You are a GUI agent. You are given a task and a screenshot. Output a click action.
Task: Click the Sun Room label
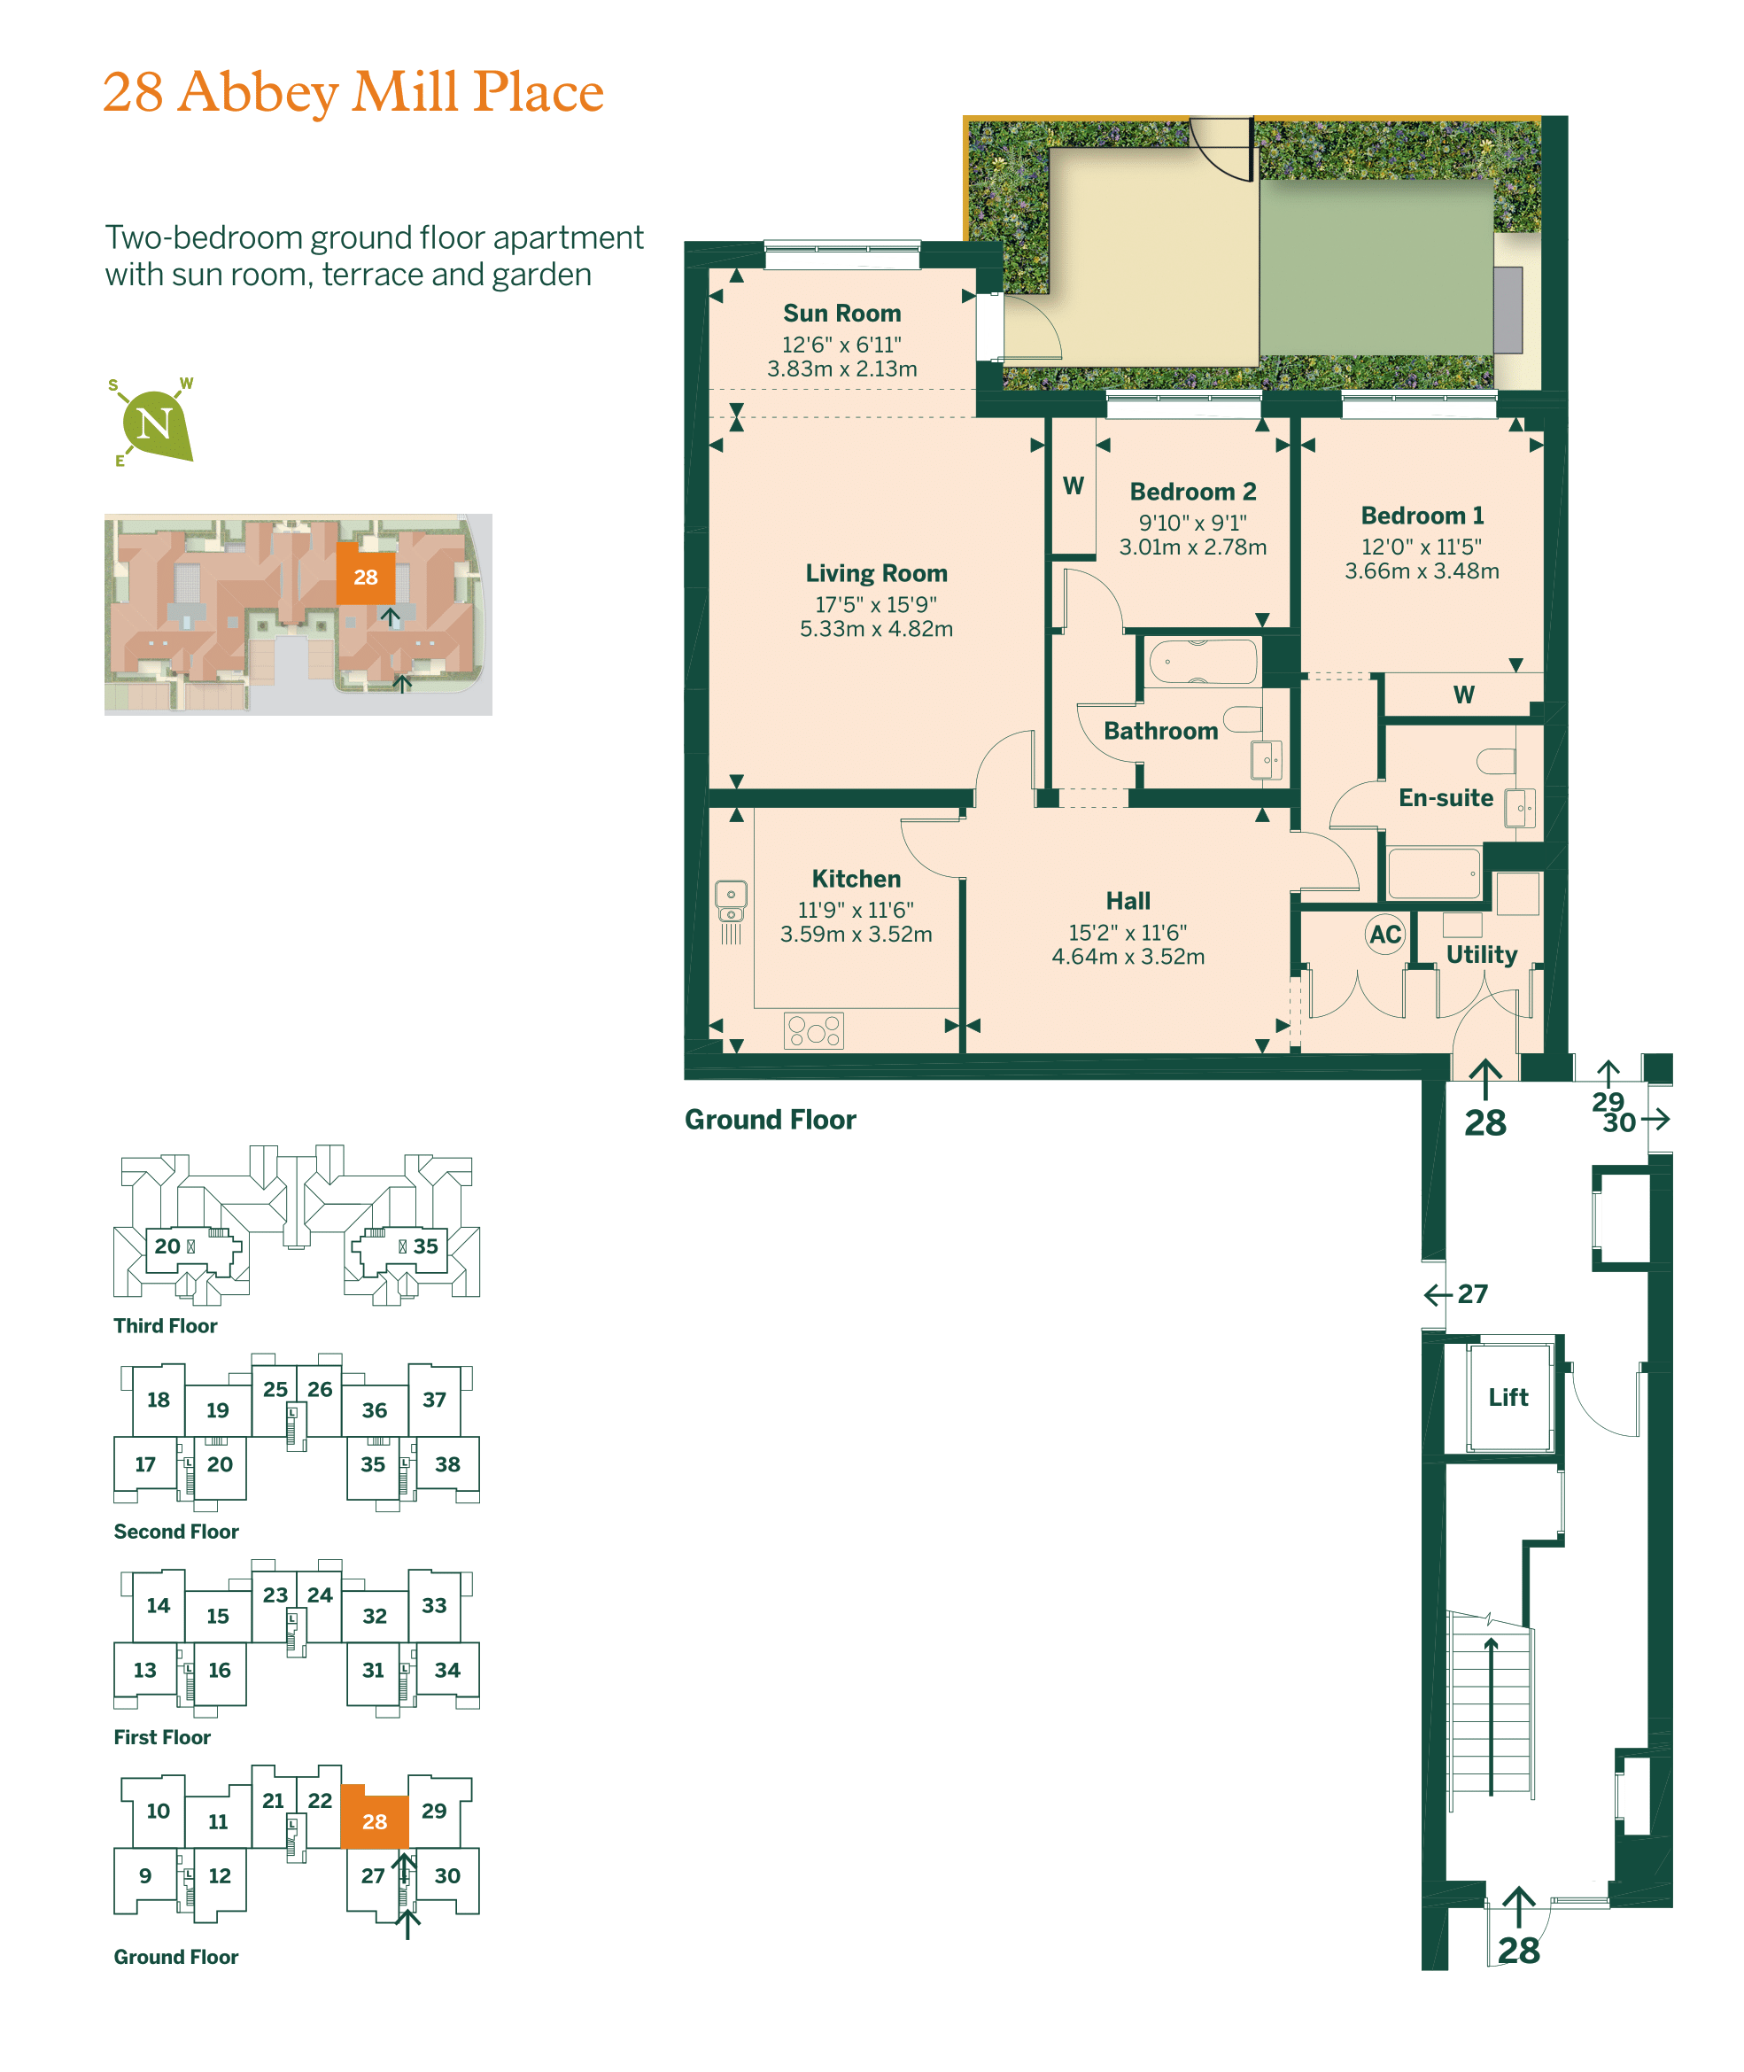pos(841,314)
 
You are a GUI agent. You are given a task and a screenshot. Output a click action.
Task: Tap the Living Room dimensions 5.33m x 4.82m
pos(876,629)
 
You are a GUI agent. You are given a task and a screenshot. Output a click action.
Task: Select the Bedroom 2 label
pos(1192,492)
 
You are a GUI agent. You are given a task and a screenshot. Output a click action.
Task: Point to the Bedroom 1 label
pos(1422,515)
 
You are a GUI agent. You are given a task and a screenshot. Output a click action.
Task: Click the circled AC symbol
pos(1385,935)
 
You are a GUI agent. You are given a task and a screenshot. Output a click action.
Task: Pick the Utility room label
pos(1481,955)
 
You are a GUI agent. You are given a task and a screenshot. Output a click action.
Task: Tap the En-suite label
pos(1446,798)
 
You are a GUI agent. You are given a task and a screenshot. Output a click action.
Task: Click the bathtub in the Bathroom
pos(1203,662)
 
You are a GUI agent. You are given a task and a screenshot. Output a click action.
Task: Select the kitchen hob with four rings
pos(814,1030)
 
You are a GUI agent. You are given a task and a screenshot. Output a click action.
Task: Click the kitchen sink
pos(731,901)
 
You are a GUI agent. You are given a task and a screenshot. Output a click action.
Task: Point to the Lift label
pos(1508,1397)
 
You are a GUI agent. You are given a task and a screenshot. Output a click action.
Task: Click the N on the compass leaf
pos(154,424)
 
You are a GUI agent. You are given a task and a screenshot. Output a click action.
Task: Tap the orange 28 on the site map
pos(366,578)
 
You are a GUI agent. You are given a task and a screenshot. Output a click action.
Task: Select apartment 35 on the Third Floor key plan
pos(425,1246)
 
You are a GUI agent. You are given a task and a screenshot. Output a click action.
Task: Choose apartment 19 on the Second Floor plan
pos(218,1410)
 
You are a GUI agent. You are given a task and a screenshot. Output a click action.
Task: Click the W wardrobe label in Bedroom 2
pos(1073,485)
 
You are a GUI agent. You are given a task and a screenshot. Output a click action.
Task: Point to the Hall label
pos(1128,901)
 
